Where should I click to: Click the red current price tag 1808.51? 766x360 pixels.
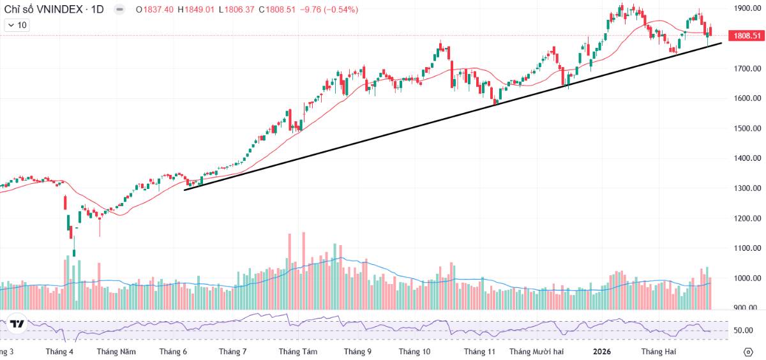click(747, 36)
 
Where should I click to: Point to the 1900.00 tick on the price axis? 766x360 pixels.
click(747, 8)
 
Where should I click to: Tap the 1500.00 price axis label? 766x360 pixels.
click(747, 128)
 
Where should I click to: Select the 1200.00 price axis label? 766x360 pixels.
click(747, 218)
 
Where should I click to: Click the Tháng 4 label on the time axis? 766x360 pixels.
click(60, 352)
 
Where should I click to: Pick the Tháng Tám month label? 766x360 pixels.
click(298, 352)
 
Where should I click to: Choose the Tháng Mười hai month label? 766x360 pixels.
click(536, 352)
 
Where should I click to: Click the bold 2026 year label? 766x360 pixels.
click(602, 352)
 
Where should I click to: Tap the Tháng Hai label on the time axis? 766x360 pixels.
click(658, 352)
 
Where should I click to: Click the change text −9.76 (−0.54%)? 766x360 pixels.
click(330, 10)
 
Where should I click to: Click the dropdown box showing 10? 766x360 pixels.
click(17, 25)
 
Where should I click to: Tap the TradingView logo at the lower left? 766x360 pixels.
click(17, 324)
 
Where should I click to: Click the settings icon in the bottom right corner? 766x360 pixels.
click(748, 352)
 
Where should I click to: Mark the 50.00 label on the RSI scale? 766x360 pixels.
click(744, 331)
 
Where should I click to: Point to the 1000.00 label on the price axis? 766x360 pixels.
click(747, 278)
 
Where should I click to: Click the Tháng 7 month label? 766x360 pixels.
click(232, 352)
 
